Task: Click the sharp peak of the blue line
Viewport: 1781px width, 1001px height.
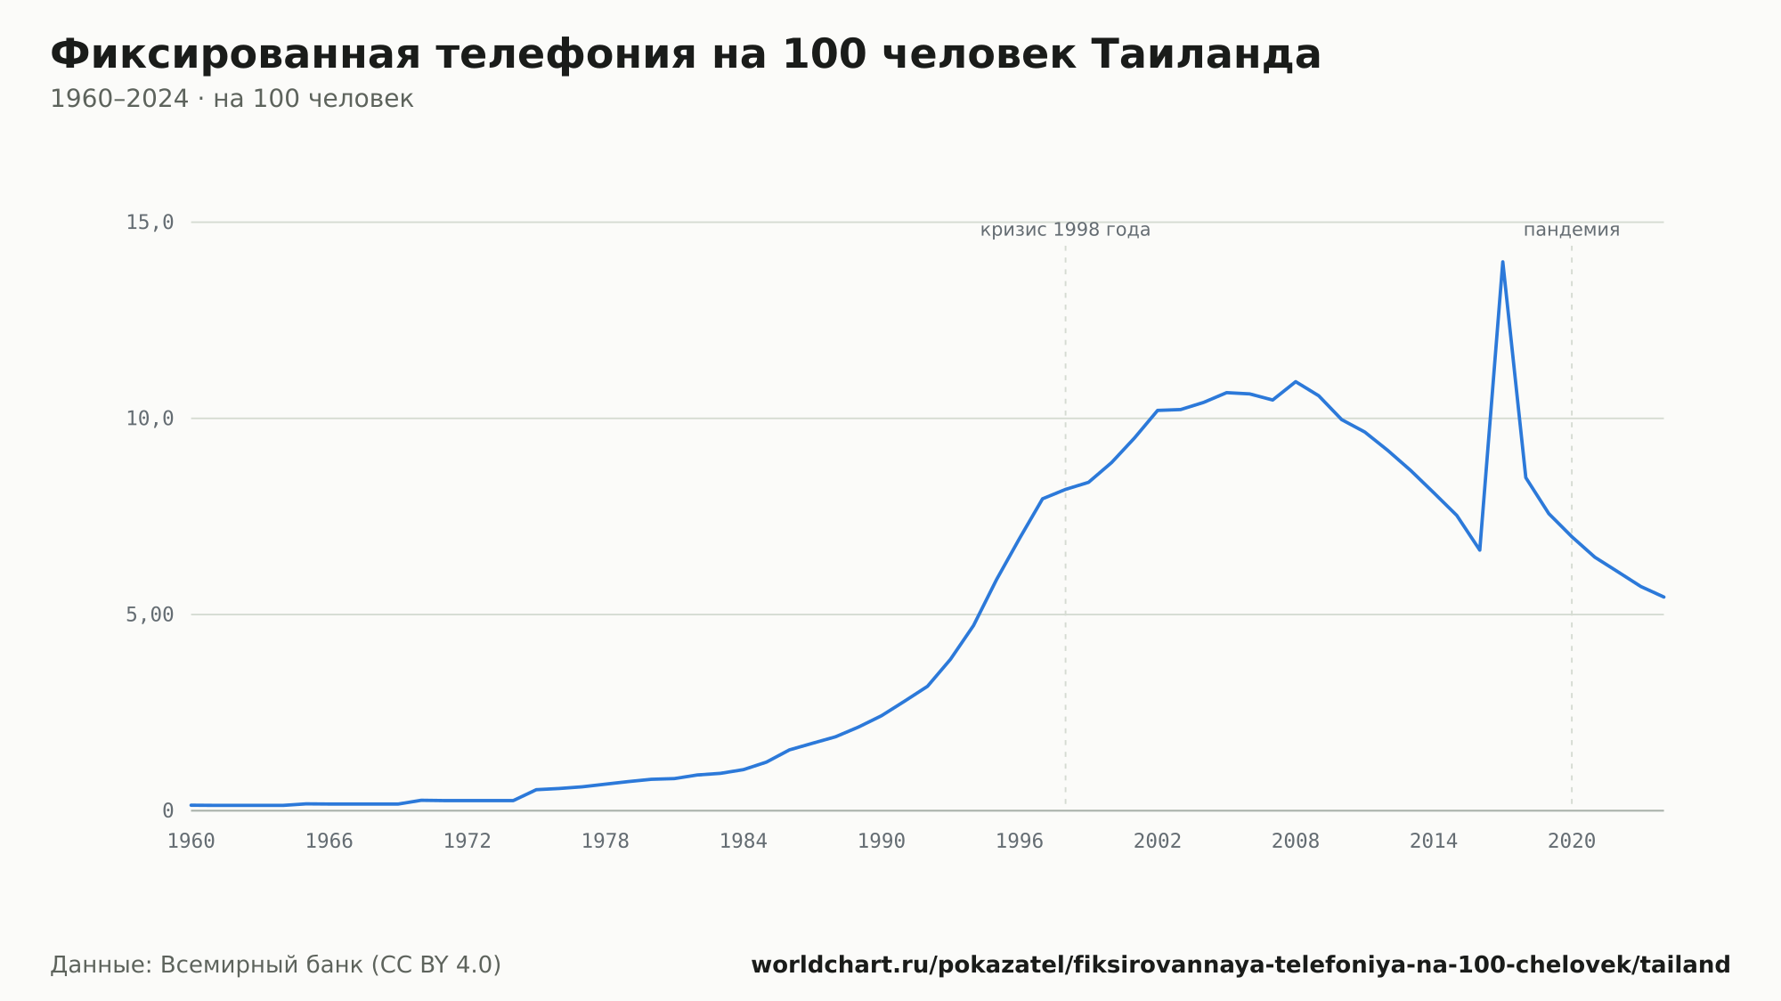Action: click(x=1502, y=262)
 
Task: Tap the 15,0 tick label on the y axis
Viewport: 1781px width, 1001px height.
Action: click(x=150, y=223)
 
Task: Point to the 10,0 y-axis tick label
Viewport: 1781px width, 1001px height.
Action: click(x=150, y=419)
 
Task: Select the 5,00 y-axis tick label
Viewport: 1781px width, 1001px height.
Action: click(x=150, y=614)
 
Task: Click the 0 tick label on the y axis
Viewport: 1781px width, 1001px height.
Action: click(x=167, y=811)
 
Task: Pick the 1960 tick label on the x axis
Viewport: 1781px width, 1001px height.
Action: click(x=191, y=842)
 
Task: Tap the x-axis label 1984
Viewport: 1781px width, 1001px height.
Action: click(x=744, y=842)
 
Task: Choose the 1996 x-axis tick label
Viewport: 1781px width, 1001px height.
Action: click(x=1020, y=842)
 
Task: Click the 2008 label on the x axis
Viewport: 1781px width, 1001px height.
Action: click(x=1296, y=842)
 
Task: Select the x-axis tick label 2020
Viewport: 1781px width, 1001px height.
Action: click(x=1572, y=842)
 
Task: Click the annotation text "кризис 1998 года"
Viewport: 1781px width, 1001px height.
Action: click(x=1065, y=230)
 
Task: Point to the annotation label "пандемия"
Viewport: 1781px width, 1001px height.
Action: click(x=1572, y=230)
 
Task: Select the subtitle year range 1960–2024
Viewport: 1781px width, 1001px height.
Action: click(x=119, y=99)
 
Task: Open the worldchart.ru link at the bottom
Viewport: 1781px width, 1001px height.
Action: click(x=1240, y=965)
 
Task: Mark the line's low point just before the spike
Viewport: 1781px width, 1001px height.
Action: click(x=1479, y=549)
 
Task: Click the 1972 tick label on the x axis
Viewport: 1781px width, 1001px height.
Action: click(x=468, y=842)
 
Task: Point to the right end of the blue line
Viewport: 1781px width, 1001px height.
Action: click(x=1663, y=597)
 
